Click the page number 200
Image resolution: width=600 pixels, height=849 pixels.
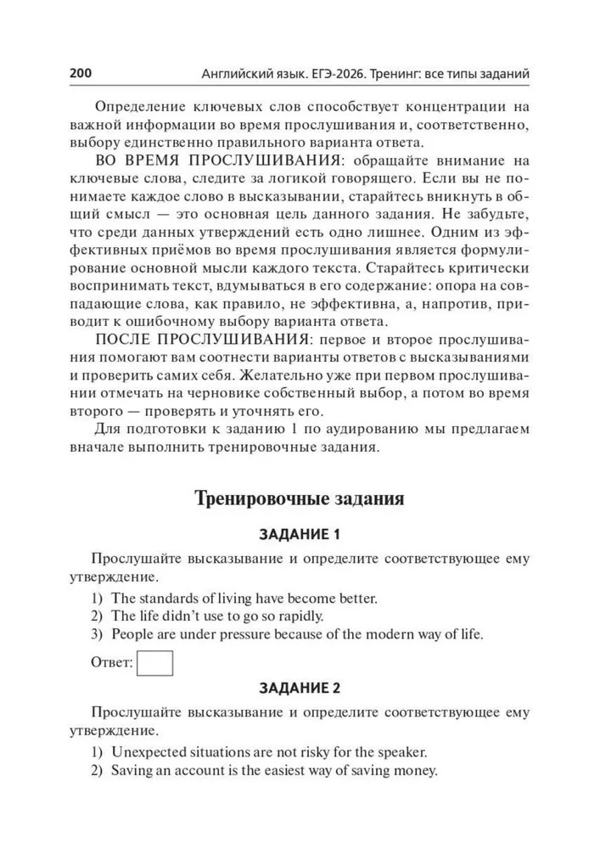click(81, 74)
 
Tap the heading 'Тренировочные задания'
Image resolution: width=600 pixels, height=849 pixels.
click(300, 498)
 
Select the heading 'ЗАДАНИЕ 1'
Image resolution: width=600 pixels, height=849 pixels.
click(299, 535)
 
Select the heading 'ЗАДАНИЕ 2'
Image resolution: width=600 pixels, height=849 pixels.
click(299, 688)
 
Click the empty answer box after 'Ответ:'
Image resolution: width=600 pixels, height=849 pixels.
click(155, 662)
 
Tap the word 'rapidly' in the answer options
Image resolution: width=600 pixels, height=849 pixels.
click(300, 616)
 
